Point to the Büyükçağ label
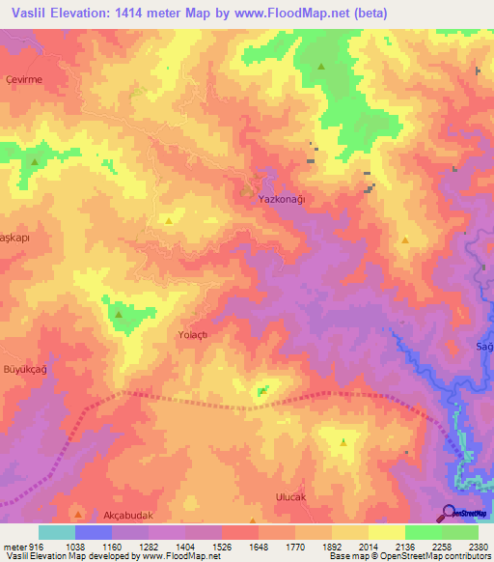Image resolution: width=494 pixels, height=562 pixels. [x=25, y=370]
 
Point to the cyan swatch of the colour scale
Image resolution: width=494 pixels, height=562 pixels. [x=57, y=532]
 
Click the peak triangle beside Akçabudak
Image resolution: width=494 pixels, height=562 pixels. [x=79, y=516]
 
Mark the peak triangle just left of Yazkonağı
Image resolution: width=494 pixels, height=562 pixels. [x=245, y=192]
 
